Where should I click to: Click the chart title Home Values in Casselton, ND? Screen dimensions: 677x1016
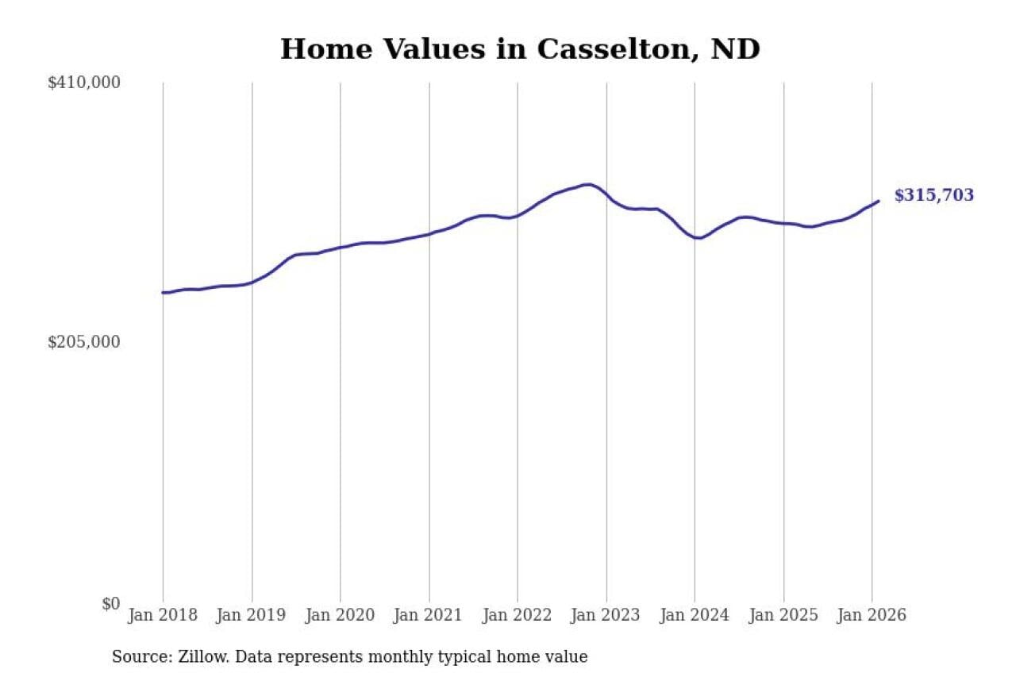(x=520, y=49)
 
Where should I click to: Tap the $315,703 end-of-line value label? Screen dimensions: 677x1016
(x=933, y=195)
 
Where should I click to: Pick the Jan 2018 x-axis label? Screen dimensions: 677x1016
(x=163, y=615)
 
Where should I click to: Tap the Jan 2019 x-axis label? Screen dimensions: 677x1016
(x=252, y=615)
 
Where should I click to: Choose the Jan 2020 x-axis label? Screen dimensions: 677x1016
(x=341, y=615)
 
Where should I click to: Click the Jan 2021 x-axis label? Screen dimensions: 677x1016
(x=429, y=615)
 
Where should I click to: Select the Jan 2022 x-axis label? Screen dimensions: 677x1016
(x=518, y=615)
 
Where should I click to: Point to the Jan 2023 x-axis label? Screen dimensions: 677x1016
(x=606, y=615)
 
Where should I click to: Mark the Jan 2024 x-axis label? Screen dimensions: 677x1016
(x=695, y=615)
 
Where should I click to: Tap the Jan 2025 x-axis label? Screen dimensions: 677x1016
(x=783, y=615)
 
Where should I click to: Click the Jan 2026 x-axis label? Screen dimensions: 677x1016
(x=872, y=615)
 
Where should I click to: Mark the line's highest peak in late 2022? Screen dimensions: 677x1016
(x=587, y=184)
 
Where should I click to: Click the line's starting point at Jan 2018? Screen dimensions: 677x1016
(x=163, y=293)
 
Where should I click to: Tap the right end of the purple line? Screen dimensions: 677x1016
(x=879, y=201)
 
